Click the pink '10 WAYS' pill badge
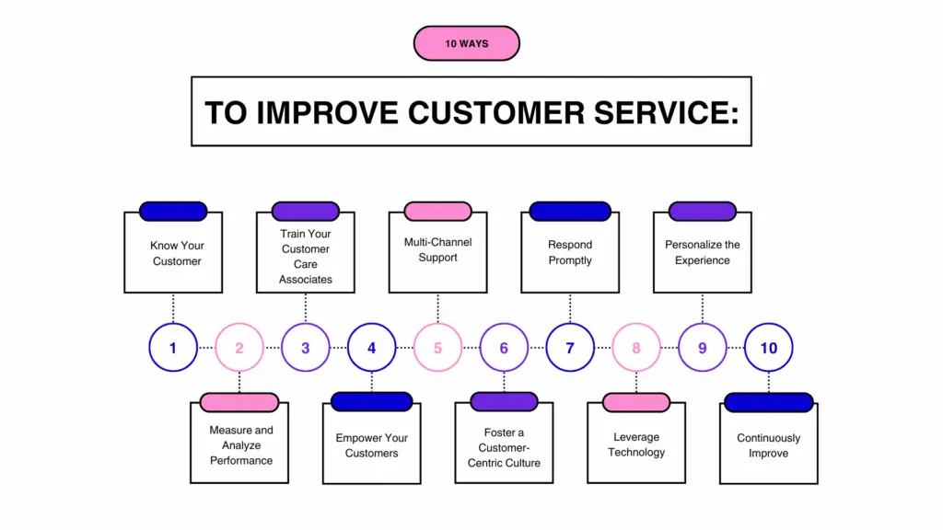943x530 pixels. pyautogui.click(x=467, y=43)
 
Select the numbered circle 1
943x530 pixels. pyautogui.click(x=173, y=348)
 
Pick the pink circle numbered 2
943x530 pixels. pyautogui.click(x=239, y=348)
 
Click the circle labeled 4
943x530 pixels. pyautogui.click(x=372, y=348)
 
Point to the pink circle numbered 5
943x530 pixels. pyautogui.click(x=438, y=348)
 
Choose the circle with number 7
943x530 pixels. pyautogui.click(x=570, y=348)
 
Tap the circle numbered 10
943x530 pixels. pyautogui.click(x=768, y=348)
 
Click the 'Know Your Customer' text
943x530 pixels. pyautogui.click(x=177, y=254)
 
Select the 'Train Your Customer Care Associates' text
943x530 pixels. pyautogui.click(x=306, y=257)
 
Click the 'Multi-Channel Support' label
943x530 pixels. pyautogui.click(x=437, y=250)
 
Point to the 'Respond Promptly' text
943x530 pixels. pyautogui.click(x=570, y=253)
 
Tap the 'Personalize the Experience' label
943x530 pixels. pyautogui.click(x=703, y=253)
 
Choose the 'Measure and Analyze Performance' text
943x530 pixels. pyautogui.click(x=241, y=445)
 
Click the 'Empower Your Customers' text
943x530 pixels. pyautogui.click(x=372, y=445)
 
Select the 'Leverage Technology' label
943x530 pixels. pyautogui.click(x=636, y=445)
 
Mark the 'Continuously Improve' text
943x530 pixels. pyautogui.click(x=769, y=445)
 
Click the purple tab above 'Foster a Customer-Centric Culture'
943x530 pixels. pyautogui.click(x=504, y=401)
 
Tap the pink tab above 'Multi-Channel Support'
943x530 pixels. pyautogui.click(x=437, y=211)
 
